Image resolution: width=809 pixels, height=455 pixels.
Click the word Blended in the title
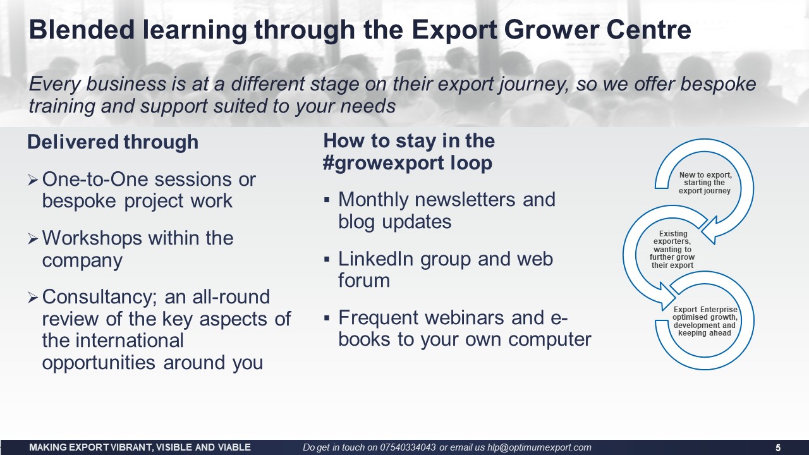(x=82, y=30)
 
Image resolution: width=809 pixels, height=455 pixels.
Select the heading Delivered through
(x=113, y=142)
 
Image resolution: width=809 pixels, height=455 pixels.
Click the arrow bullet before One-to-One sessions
(x=32, y=180)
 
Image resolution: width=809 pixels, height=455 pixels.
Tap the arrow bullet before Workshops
(x=32, y=239)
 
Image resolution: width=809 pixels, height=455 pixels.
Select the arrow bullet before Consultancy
(x=32, y=298)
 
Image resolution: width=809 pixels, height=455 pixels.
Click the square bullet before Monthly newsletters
(x=327, y=200)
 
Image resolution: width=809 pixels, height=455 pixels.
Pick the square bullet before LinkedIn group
(x=327, y=259)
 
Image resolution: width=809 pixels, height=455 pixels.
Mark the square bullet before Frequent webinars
(x=327, y=318)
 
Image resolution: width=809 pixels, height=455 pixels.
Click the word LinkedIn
(x=375, y=259)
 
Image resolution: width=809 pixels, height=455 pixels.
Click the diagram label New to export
(x=705, y=183)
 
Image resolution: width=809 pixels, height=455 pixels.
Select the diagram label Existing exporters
(x=672, y=250)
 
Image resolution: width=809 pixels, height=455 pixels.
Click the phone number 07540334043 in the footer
(x=408, y=447)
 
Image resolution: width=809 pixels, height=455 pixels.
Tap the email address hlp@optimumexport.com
(x=539, y=448)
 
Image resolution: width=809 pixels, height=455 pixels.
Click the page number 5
(x=778, y=448)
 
